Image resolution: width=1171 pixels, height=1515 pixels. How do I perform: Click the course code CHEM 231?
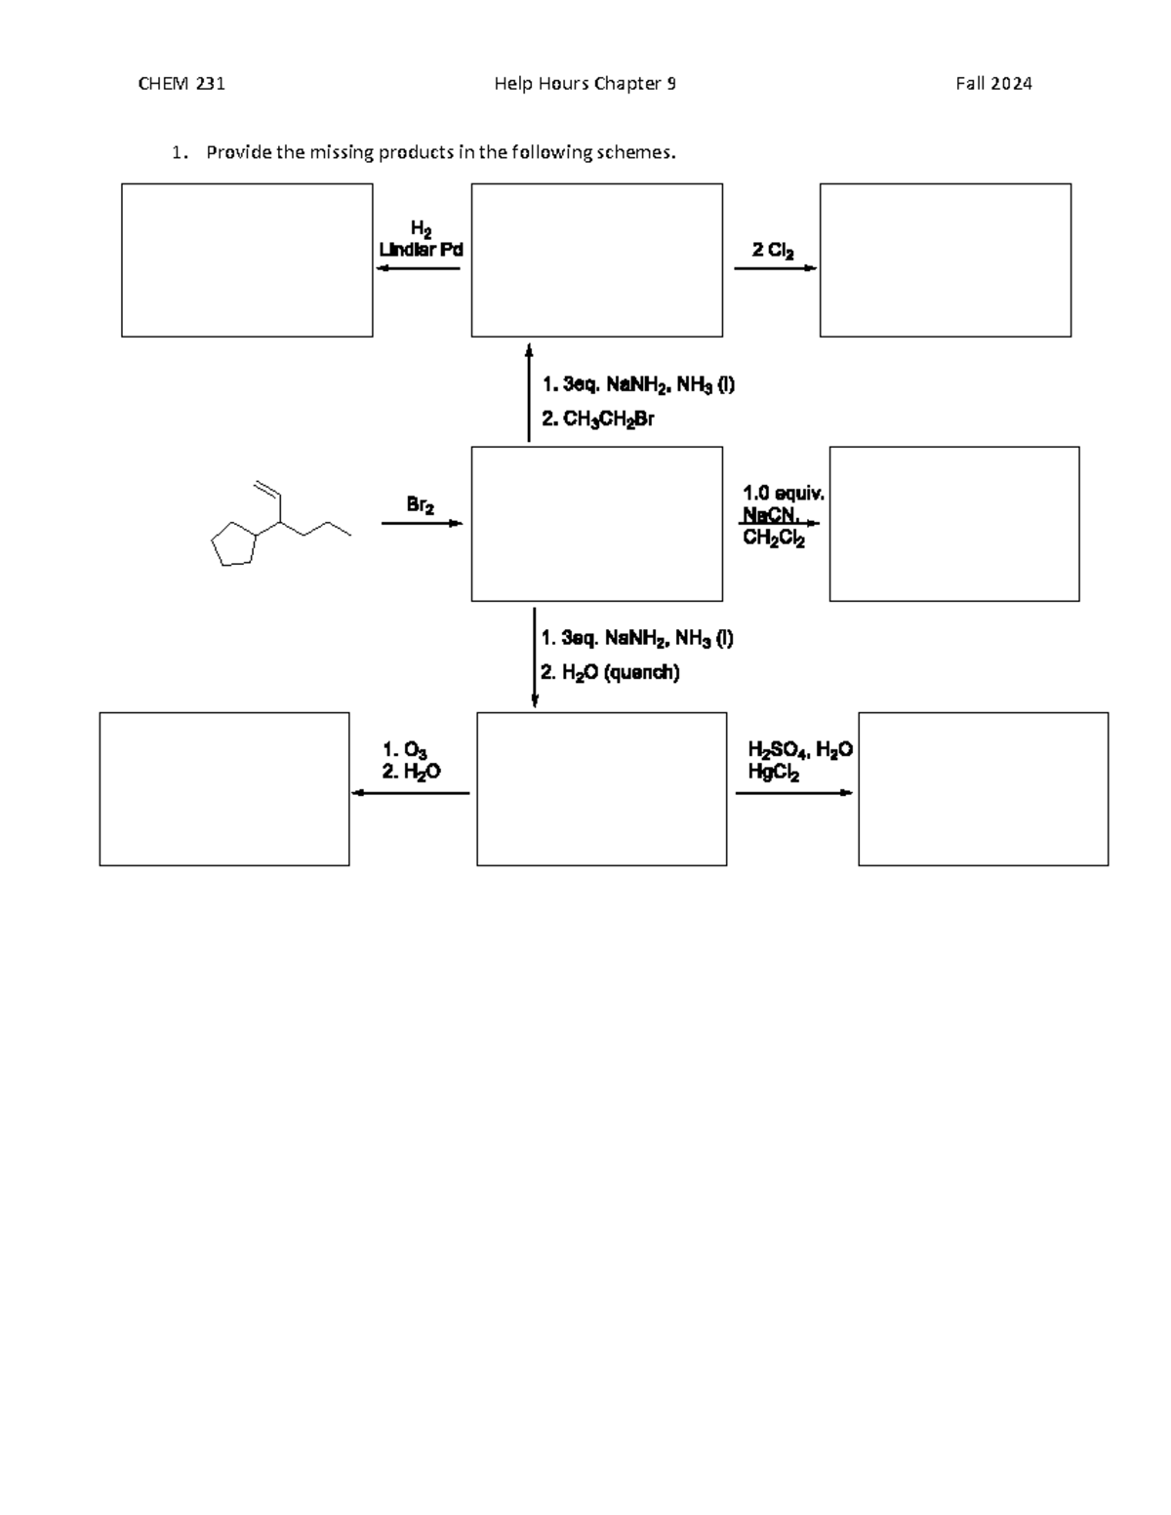coord(182,84)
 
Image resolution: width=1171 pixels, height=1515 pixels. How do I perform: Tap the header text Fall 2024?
coord(993,84)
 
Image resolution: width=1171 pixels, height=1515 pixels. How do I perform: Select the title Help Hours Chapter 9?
coord(585,84)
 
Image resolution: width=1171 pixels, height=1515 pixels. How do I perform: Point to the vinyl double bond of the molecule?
coord(266,489)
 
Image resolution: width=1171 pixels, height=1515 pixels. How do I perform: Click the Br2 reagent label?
coord(421,505)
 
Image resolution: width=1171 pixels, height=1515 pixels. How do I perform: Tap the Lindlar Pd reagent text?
coord(421,250)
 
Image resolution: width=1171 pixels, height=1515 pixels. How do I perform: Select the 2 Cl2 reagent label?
coord(773,250)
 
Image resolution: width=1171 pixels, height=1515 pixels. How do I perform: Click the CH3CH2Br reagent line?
coord(598,419)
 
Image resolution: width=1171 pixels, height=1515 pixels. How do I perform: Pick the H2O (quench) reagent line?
coord(611,672)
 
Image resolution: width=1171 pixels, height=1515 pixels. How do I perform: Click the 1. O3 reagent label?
coord(405,750)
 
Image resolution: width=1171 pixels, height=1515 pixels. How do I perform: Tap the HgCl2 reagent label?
coord(774,774)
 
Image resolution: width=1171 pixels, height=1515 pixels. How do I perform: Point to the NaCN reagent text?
coord(771,514)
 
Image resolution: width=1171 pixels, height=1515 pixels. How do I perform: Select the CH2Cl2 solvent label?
coord(774,538)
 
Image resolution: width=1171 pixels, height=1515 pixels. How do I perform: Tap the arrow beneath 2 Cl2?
coord(775,268)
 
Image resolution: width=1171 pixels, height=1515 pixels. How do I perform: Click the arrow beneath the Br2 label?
coord(422,524)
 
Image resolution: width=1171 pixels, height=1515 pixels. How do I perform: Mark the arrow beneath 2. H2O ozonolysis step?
coord(410,793)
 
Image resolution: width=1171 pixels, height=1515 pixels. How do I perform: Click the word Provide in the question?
coord(235,152)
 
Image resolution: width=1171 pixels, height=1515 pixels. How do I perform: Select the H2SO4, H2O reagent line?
coord(800,750)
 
